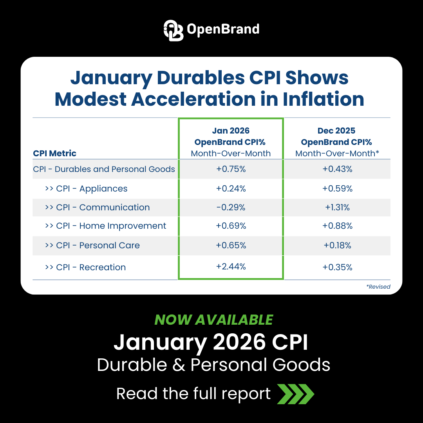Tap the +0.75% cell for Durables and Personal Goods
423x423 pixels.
pyautogui.click(x=231, y=169)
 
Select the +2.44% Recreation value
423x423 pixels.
pyautogui.click(x=231, y=267)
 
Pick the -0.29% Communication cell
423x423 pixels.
pyautogui.click(x=231, y=208)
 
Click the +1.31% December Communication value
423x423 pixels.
pyautogui.click(x=337, y=208)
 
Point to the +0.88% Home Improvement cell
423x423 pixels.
pyautogui.click(x=337, y=226)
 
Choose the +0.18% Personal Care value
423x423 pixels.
pyautogui.click(x=337, y=246)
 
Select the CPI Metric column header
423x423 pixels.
pyautogui.click(x=55, y=153)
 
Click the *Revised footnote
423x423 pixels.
pyautogui.click(x=378, y=287)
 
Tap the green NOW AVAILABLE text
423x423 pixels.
pyautogui.click(x=213, y=320)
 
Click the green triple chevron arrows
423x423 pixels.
pyautogui.click(x=296, y=394)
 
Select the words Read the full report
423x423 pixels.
pyautogui.click(x=193, y=394)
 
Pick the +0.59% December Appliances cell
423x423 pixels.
pyautogui.click(x=337, y=189)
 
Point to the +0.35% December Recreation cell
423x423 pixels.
pyautogui.click(x=337, y=268)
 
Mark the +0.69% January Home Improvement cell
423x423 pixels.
pyautogui.click(x=231, y=226)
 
